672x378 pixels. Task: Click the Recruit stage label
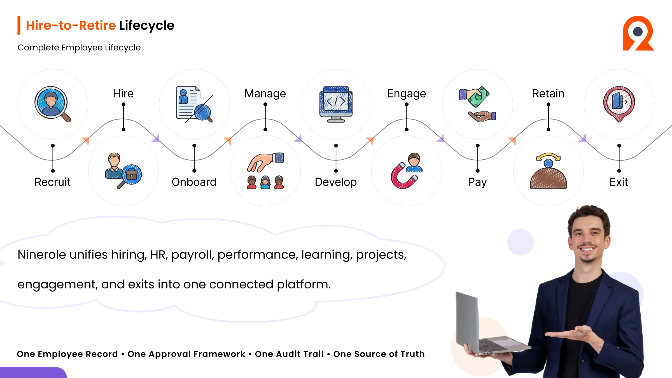(x=52, y=182)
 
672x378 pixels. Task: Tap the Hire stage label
(x=123, y=94)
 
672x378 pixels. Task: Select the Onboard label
(x=194, y=182)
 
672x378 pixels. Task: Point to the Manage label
(x=265, y=94)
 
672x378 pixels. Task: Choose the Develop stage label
(x=336, y=182)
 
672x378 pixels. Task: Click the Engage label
(x=407, y=94)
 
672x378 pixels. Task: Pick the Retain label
(x=548, y=94)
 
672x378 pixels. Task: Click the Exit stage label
(x=619, y=182)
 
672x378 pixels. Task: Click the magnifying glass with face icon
(x=52, y=104)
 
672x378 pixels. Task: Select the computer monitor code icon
(x=336, y=104)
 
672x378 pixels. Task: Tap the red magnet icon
(x=403, y=176)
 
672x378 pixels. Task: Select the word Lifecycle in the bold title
(x=147, y=25)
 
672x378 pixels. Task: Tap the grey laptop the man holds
(x=487, y=325)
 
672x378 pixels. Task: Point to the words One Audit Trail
(x=289, y=354)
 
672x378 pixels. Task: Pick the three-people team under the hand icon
(x=265, y=182)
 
